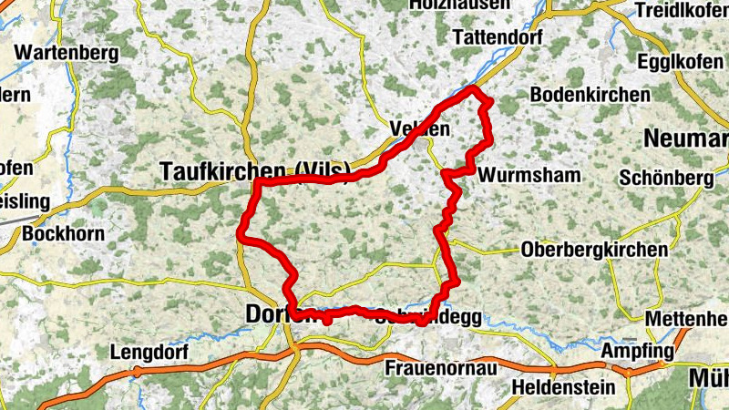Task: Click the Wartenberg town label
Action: [67, 54]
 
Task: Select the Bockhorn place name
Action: [63, 234]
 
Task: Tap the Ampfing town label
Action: [637, 351]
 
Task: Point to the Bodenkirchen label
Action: [590, 95]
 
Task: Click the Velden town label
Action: [419, 128]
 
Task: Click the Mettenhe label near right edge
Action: [685, 319]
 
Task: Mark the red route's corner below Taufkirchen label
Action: [258, 182]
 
